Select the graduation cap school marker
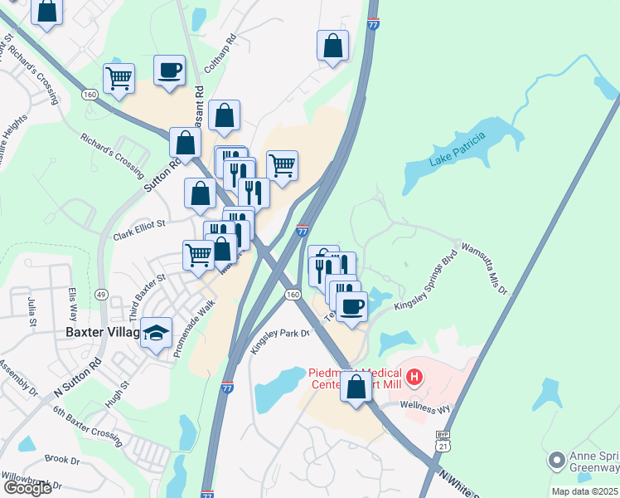pos(157,333)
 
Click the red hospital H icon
pos(414,378)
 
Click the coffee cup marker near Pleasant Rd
pos(169,71)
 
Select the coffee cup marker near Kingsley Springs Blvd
pos(351,305)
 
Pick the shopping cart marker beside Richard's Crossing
pos(119,79)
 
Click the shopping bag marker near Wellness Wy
pos(356,388)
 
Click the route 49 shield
pos(101,294)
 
